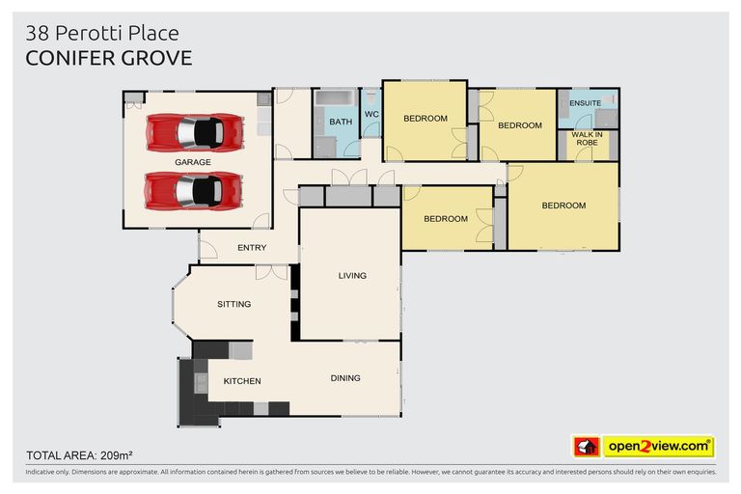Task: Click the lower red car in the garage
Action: coord(193,190)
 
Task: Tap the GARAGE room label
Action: coord(192,163)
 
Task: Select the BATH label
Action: coord(341,123)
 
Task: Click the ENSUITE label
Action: coord(585,102)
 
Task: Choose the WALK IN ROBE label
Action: coord(587,138)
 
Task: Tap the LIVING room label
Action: coord(352,276)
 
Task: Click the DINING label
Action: coord(345,378)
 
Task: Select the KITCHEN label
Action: coord(242,381)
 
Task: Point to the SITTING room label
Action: coord(233,304)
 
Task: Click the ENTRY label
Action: coord(252,248)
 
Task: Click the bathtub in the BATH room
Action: coord(336,98)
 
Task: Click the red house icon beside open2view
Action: coord(587,447)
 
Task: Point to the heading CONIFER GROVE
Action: coord(108,58)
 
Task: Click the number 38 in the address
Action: coord(37,34)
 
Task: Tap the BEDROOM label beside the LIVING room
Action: coord(445,219)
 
